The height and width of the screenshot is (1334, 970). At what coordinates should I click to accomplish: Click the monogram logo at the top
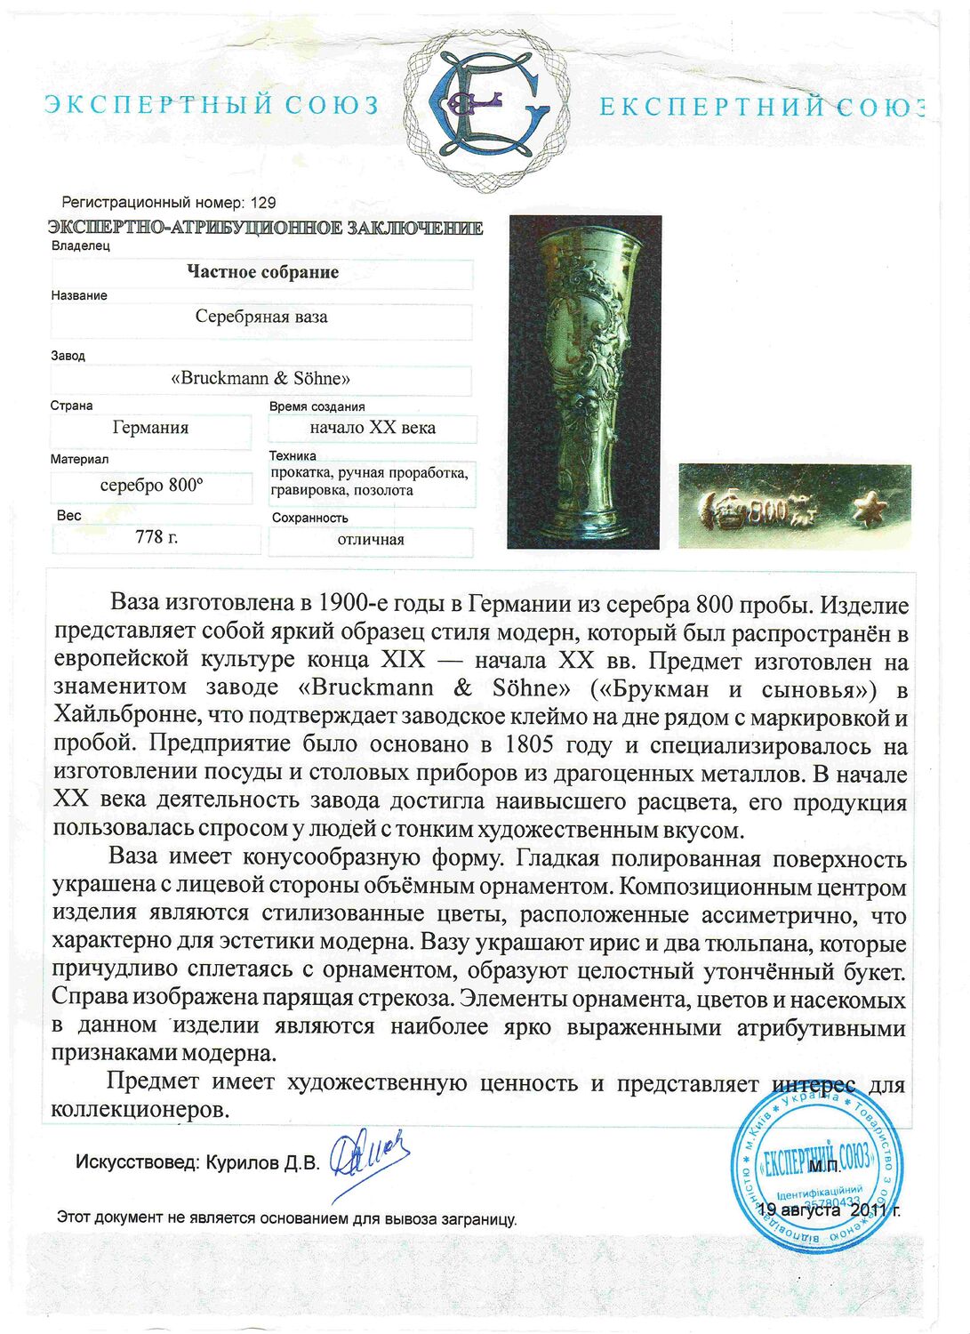pos(485,105)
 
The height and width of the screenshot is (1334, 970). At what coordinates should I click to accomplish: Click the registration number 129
pos(264,203)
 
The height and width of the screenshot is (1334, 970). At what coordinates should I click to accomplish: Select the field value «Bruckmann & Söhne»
pos(261,378)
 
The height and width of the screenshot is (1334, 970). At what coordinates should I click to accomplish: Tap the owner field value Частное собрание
pos(262,272)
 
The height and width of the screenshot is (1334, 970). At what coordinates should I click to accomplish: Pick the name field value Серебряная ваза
pos(261,317)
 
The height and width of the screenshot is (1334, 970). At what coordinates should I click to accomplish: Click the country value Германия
pos(150,428)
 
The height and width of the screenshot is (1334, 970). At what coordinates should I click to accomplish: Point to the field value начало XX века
pos(373,428)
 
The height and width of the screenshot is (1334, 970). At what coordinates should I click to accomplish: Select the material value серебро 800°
pos(151,486)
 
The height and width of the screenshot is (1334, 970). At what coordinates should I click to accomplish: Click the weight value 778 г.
pos(156,537)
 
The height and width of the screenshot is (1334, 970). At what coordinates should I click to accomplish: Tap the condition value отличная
pos(371,540)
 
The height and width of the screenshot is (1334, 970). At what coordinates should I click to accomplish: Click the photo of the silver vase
pos(584,382)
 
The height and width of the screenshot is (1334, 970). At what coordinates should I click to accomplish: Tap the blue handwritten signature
pos(369,1159)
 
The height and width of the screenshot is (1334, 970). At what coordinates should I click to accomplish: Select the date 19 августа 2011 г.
pos(829,1209)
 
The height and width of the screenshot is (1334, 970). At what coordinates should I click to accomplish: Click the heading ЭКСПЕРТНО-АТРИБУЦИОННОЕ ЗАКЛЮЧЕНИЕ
pos(266,228)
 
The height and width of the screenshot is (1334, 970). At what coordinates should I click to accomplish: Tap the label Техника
pos(293,455)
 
